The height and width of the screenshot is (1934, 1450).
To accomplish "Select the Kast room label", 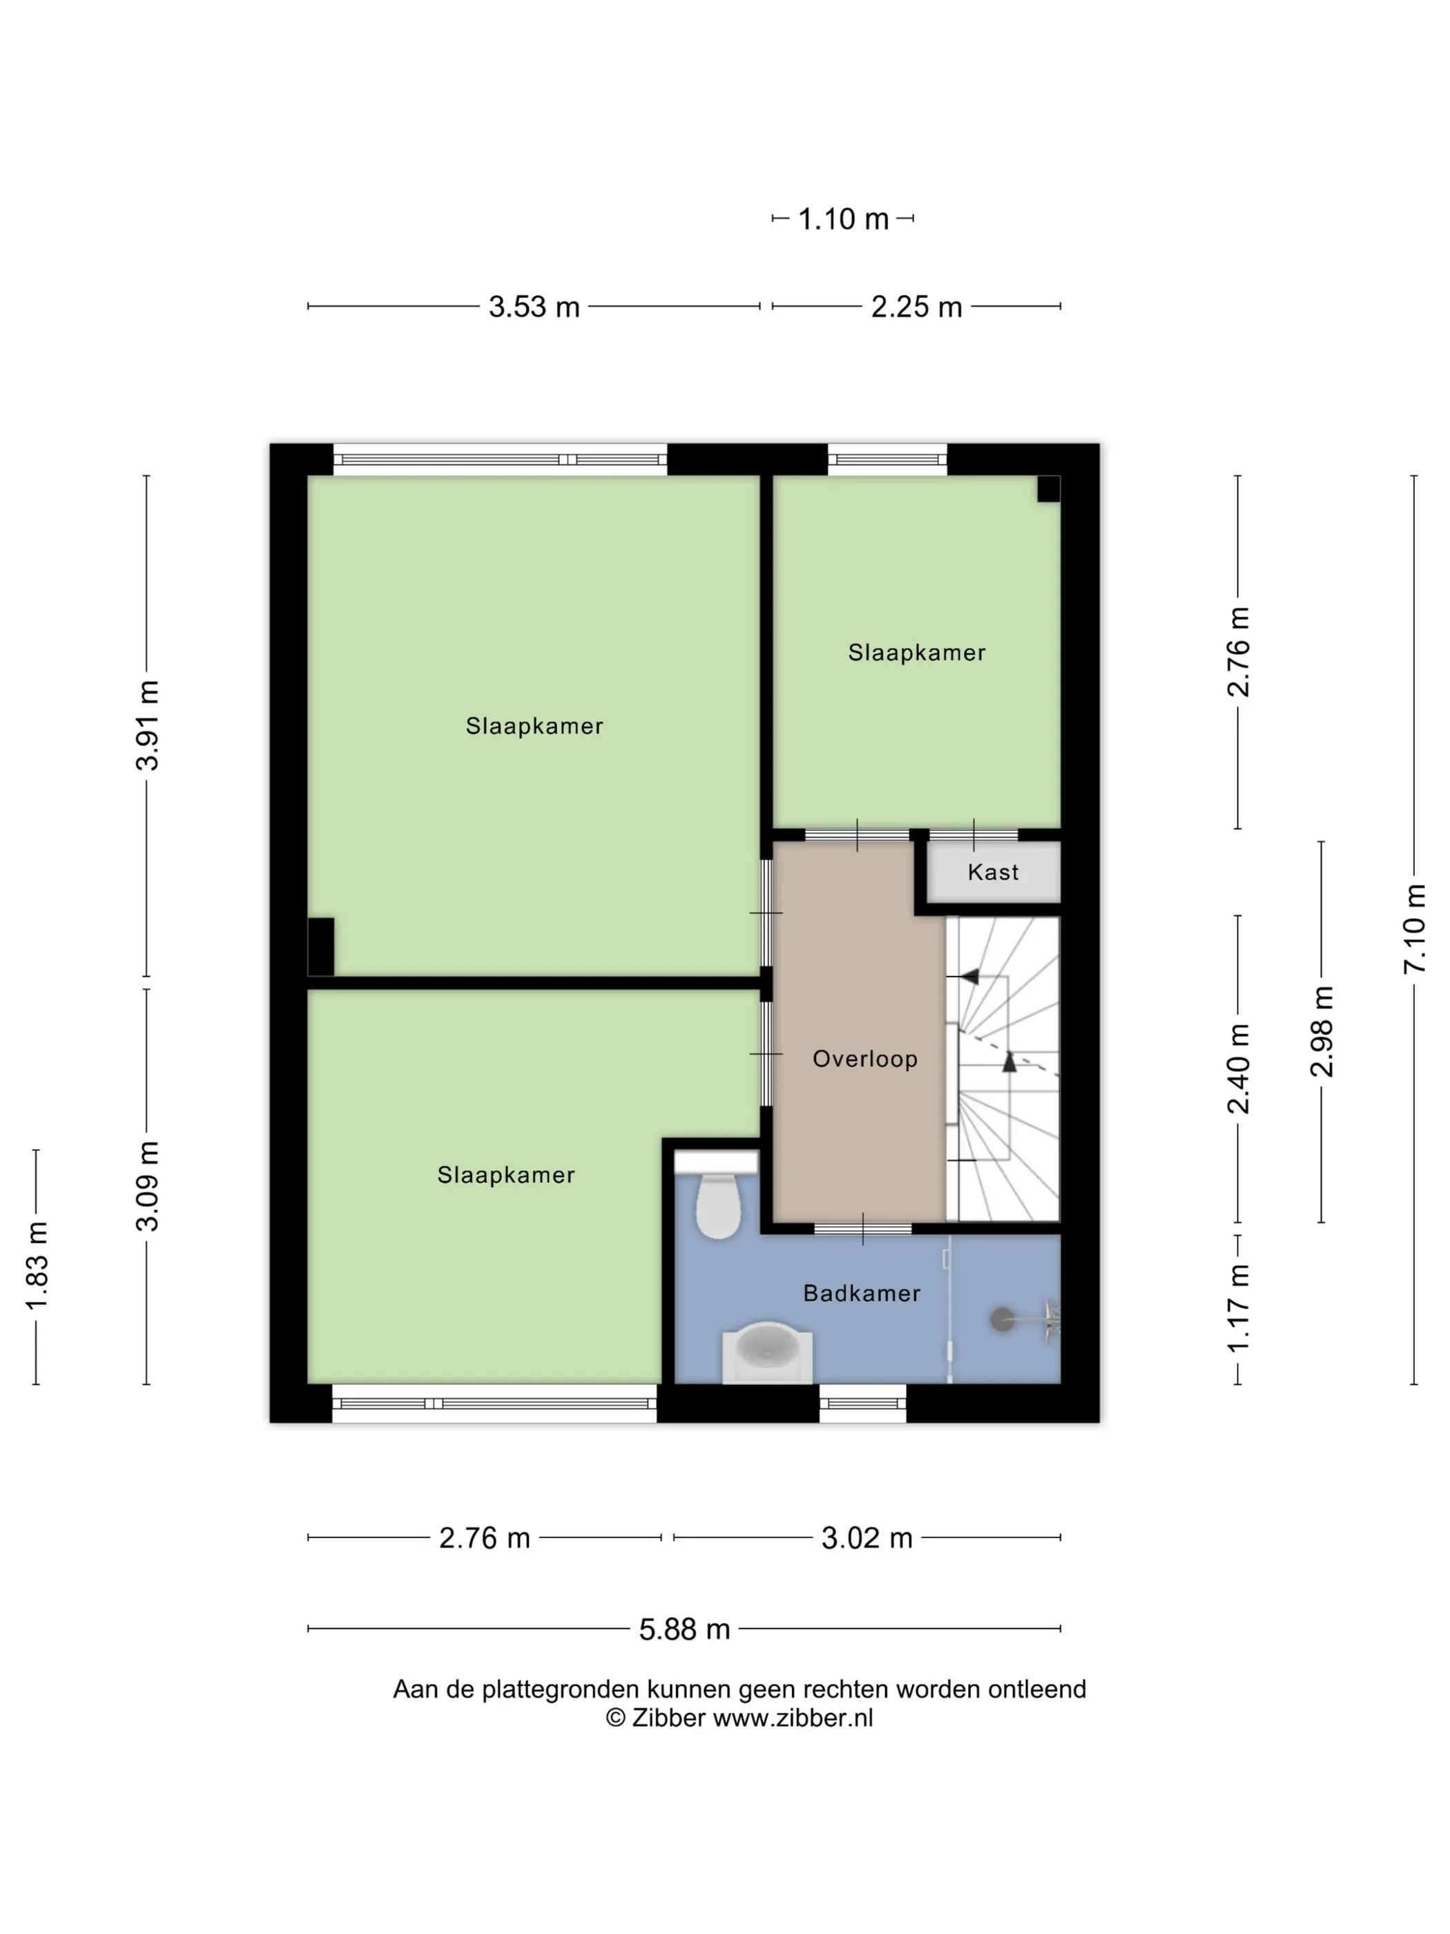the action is [x=993, y=872].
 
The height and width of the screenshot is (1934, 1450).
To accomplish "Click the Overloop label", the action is [x=864, y=1059].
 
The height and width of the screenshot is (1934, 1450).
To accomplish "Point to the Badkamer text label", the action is [x=862, y=1293].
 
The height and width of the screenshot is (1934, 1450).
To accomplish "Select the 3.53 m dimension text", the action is [x=534, y=307].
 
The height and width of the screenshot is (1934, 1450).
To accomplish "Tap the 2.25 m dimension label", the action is [x=916, y=307].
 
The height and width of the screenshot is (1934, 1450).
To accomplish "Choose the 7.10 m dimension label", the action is [x=1414, y=928].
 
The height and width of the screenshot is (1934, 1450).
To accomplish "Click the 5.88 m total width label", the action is [x=684, y=1629].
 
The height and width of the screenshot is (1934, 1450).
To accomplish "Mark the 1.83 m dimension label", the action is [x=36, y=1267].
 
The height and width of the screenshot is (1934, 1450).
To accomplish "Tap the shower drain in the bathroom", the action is [x=1003, y=1319].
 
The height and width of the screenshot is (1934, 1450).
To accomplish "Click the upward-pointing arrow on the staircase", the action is [x=1009, y=1062].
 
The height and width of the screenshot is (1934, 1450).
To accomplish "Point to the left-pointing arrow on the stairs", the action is [x=969, y=976].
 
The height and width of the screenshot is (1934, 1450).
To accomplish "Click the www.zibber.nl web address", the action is [x=793, y=1718].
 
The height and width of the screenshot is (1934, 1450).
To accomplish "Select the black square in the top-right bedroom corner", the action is [x=1049, y=489].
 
